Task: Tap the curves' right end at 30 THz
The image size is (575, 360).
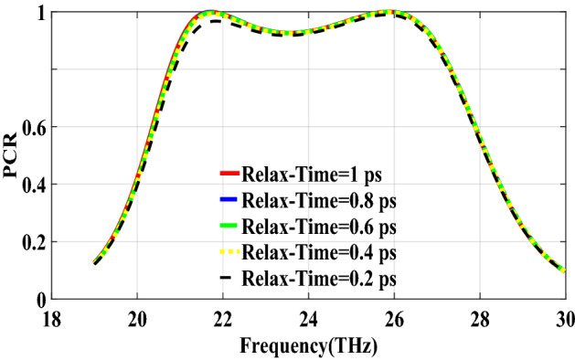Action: (x=563, y=270)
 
